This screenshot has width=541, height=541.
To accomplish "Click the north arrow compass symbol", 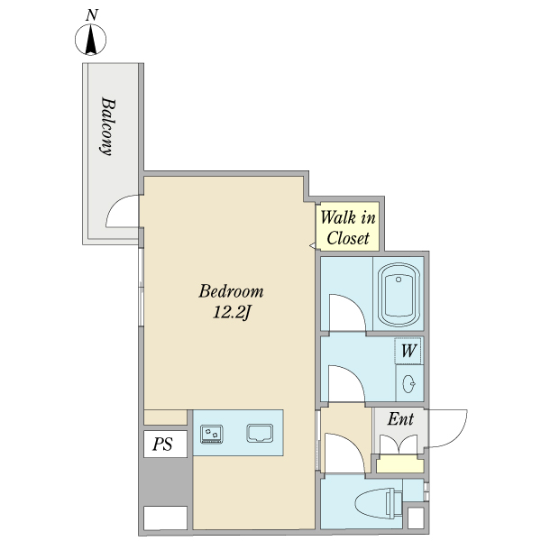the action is click(90, 40).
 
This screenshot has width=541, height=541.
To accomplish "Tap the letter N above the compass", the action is click(92, 15).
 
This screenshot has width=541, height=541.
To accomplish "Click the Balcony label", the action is click(107, 126).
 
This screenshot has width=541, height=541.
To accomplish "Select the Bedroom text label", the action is click(231, 291).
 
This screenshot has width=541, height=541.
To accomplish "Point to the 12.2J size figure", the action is click(231, 313).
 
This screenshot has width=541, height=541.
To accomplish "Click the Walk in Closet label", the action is click(348, 228).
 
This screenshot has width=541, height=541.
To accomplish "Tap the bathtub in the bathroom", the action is click(399, 295).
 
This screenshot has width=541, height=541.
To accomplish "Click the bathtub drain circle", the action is click(399, 280).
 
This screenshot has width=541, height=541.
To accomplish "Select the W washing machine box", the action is click(408, 351).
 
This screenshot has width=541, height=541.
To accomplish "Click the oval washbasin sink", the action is click(408, 383).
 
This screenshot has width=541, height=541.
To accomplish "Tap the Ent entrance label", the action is click(400, 419).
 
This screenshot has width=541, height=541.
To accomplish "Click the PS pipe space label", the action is click(162, 444).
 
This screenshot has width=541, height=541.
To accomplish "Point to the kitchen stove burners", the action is click(212, 434).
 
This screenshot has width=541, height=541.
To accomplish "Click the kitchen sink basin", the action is click(260, 433).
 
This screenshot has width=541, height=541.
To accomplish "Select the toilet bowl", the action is click(379, 503).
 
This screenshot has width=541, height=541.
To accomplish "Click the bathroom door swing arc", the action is click(355, 304).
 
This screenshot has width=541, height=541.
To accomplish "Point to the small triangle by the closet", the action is click(312, 245).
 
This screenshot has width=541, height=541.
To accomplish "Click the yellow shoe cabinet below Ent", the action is click(399, 464).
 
